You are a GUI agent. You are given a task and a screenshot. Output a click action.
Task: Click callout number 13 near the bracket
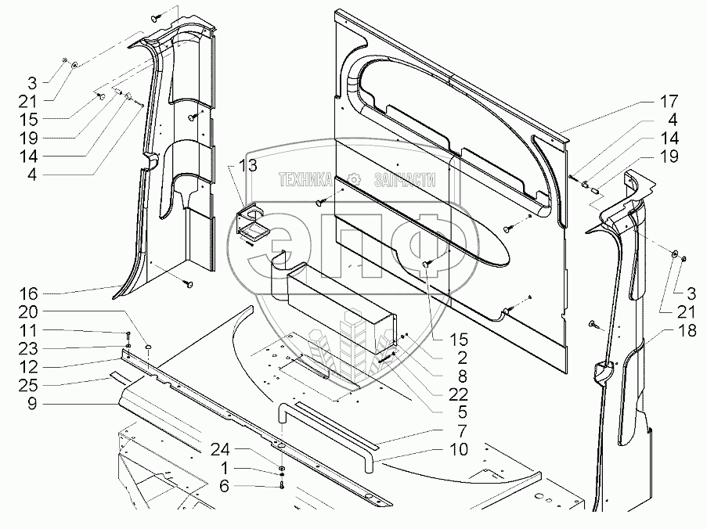coord(248,165)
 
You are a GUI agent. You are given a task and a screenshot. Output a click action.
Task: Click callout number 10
coord(460,449)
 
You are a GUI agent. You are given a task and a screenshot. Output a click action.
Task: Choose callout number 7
coord(460,430)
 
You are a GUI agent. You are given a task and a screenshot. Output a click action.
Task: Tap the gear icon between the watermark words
coord(355,179)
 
